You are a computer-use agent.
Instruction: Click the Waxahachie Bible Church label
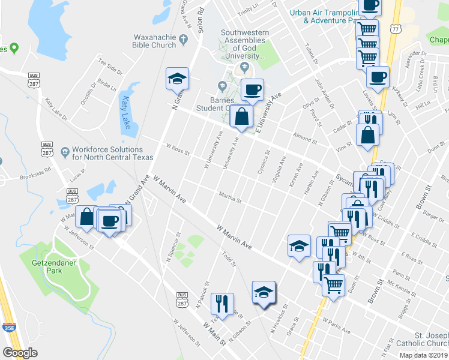(155, 40)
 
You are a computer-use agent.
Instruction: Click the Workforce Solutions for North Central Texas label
(107, 154)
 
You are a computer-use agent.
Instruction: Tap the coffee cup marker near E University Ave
(252, 89)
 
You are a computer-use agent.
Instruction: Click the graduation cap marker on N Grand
(177, 78)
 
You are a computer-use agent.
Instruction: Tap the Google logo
(20, 352)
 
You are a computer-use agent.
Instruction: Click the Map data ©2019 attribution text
(424, 355)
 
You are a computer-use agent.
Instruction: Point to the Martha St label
(230, 197)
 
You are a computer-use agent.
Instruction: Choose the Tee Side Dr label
(110, 66)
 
